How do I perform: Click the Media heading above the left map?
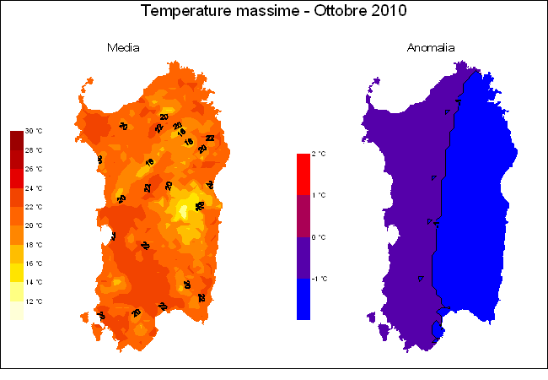click(123, 48)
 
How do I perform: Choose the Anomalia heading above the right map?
click(431, 48)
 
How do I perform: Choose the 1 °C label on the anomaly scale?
click(318, 195)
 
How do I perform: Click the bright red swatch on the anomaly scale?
click(304, 174)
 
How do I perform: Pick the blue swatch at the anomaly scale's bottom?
click(304, 299)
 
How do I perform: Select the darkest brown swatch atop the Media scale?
click(17, 140)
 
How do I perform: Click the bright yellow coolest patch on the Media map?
click(181, 209)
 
